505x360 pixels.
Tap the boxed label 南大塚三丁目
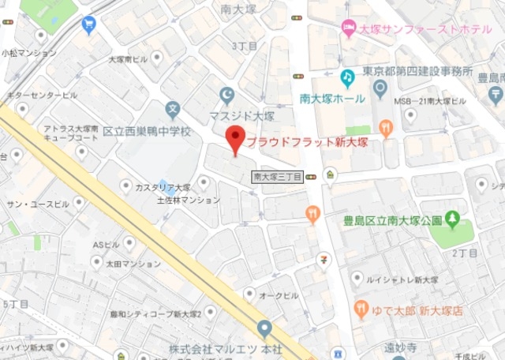278,178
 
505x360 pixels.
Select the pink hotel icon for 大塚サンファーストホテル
348,29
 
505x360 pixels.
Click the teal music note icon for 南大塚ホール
346,77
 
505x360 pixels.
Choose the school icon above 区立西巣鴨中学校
173,109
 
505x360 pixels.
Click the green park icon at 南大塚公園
452,219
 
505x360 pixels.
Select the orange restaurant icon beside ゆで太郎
363,307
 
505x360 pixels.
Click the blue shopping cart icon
88,26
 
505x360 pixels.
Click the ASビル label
105,245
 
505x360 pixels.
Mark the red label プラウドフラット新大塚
309,144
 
